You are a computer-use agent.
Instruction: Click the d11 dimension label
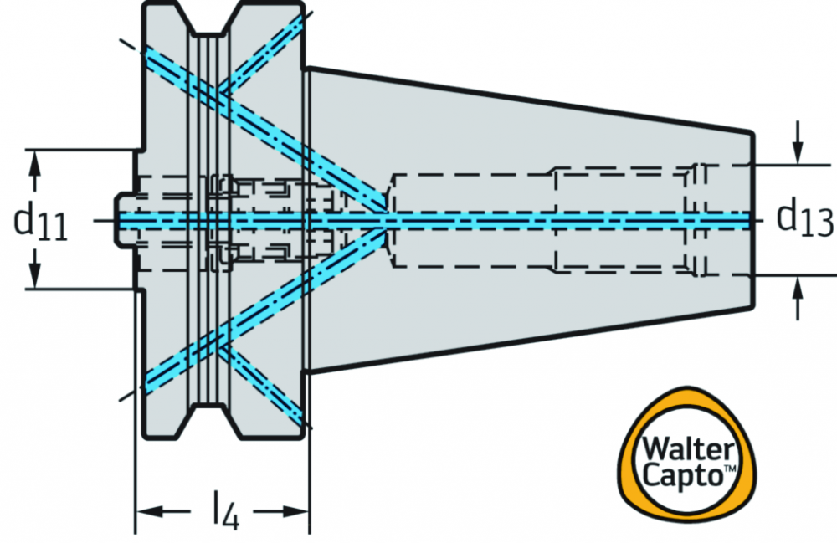point(40,220)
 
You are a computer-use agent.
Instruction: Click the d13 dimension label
point(804,217)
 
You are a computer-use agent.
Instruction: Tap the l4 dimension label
point(225,510)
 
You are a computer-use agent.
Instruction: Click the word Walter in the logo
point(688,449)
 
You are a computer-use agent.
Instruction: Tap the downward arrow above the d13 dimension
point(798,142)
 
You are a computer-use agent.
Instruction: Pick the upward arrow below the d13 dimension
point(798,298)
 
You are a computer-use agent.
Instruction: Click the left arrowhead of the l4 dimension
point(150,511)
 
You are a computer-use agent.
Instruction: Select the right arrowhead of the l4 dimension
point(295,511)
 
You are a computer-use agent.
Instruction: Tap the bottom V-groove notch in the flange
point(208,422)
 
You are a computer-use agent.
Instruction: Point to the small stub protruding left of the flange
point(125,220)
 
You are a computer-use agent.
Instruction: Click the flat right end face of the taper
point(752,220)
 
